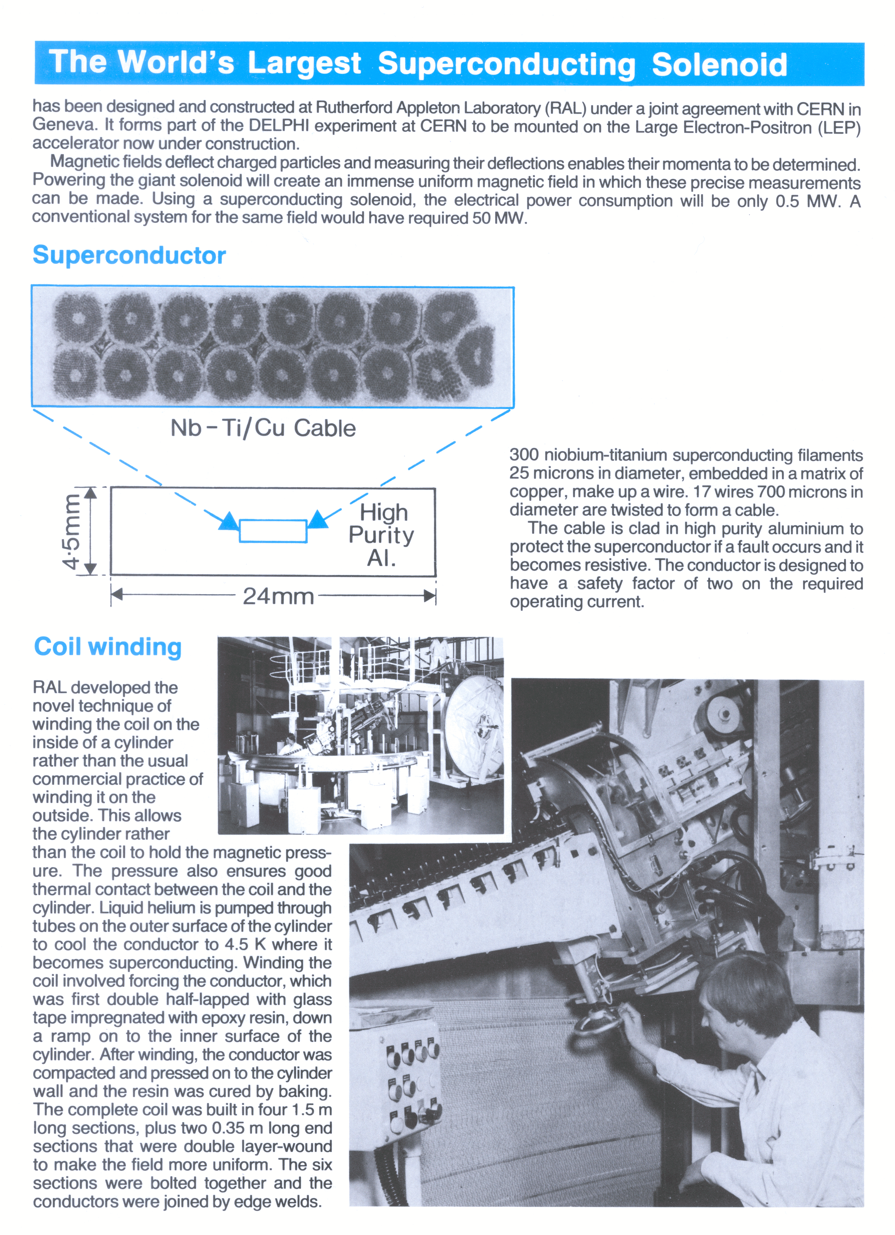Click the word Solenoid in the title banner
pos(719,65)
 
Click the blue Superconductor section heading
pos(129,255)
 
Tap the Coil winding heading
pos(107,647)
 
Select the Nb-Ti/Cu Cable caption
pos(263,428)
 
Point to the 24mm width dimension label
pos(278,596)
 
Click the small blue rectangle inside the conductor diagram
pos(273,531)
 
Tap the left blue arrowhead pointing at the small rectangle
pos(229,521)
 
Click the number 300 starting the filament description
pos(524,455)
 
